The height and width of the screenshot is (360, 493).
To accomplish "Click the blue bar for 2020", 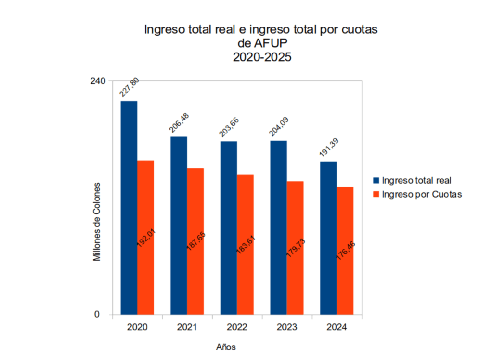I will tap(129, 207).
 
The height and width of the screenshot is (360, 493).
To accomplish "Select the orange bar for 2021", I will tap(195, 241).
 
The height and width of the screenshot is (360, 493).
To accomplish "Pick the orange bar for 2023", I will tap(295, 248).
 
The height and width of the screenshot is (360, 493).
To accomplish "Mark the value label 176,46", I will tap(345, 251).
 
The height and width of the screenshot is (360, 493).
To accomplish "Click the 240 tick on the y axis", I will tap(98, 80).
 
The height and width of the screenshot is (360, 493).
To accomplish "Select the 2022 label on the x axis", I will tap(237, 327).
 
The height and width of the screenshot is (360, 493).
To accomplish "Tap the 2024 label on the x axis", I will tap(337, 327).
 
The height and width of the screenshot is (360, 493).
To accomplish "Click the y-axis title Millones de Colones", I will tap(97, 222).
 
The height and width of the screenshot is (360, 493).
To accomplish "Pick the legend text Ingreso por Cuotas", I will tap(421, 194).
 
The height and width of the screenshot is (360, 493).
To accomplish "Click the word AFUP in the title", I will tap(270, 43).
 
